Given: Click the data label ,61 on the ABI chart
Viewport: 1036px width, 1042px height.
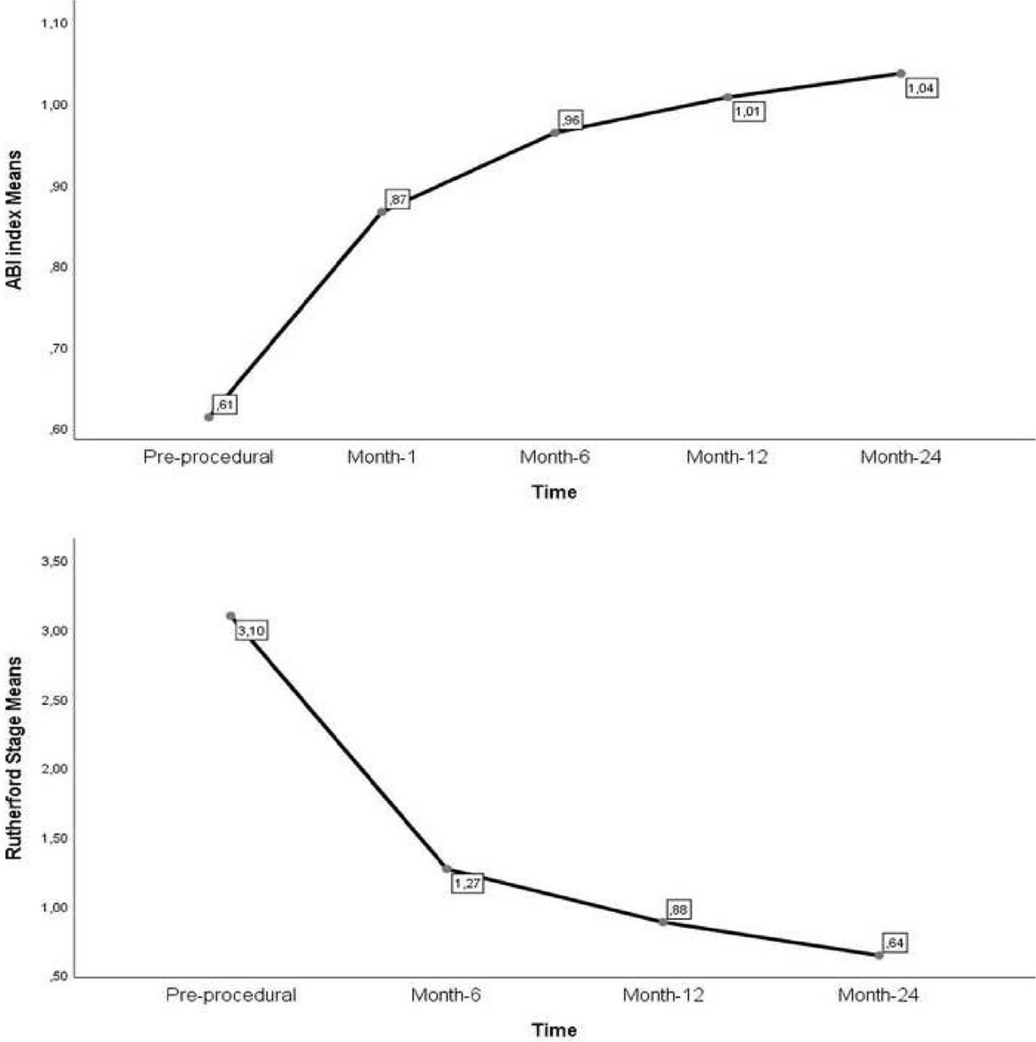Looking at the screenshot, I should pyautogui.click(x=225, y=405).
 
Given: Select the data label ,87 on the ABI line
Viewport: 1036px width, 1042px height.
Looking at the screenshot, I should pyautogui.click(x=397, y=199).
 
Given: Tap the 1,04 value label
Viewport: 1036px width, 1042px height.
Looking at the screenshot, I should pyautogui.click(x=921, y=89).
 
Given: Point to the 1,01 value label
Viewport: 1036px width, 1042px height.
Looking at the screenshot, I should pyautogui.click(x=748, y=112).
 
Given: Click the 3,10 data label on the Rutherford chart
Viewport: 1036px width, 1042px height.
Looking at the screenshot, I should pyautogui.click(x=251, y=631).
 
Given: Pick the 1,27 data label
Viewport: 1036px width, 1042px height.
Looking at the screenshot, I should pyautogui.click(x=467, y=883).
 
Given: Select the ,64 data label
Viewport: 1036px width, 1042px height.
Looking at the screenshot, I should pyautogui.click(x=895, y=943).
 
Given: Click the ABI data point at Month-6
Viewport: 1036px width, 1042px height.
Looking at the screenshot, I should pyautogui.click(x=555, y=132).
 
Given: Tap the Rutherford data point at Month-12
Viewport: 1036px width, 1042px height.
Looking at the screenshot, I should pyautogui.click(x=663, y=922).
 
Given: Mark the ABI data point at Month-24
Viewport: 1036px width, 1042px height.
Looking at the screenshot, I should pyautogui.click(x=901, y=73).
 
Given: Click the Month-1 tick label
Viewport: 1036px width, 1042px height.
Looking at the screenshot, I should pyautogui.click(x=382, y=457).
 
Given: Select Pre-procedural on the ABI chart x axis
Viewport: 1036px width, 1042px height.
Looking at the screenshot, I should pyautogui.click(x=208, y=457).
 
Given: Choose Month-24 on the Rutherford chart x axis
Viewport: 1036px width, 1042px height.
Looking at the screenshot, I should pyautogui.click(x=878, y=995).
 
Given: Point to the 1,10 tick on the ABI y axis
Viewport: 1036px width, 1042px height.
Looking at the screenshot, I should pyautogui.click(x=53, y=24).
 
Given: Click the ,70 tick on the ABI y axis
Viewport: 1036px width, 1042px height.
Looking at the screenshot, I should pyautogui.click(x=57, y=349).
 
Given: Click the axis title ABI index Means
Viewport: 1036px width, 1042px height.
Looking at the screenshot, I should pyautogui.click(x=15, y=219).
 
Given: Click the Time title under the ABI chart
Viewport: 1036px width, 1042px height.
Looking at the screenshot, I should pyautogui.click(x=554, y=492).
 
